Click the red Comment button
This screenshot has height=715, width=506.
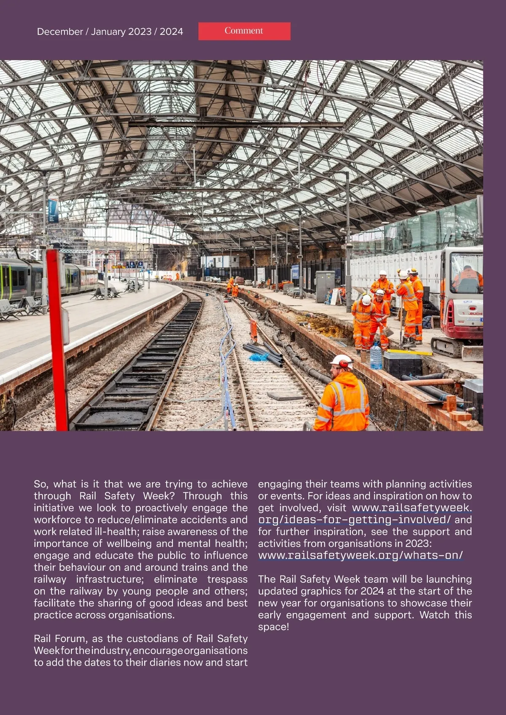tap(244, 31)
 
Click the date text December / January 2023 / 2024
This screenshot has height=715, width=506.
tap(110, 32)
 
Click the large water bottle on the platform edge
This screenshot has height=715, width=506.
tap(375, 355)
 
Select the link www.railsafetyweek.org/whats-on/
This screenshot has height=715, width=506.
tap(361, 555)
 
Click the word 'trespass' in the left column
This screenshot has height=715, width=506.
tap(227, 579)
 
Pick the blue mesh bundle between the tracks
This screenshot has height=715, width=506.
tap(259, 357)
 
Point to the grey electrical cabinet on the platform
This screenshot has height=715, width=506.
tap(325, 287)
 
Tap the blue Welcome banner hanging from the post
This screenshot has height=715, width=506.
tap(53, 211)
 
